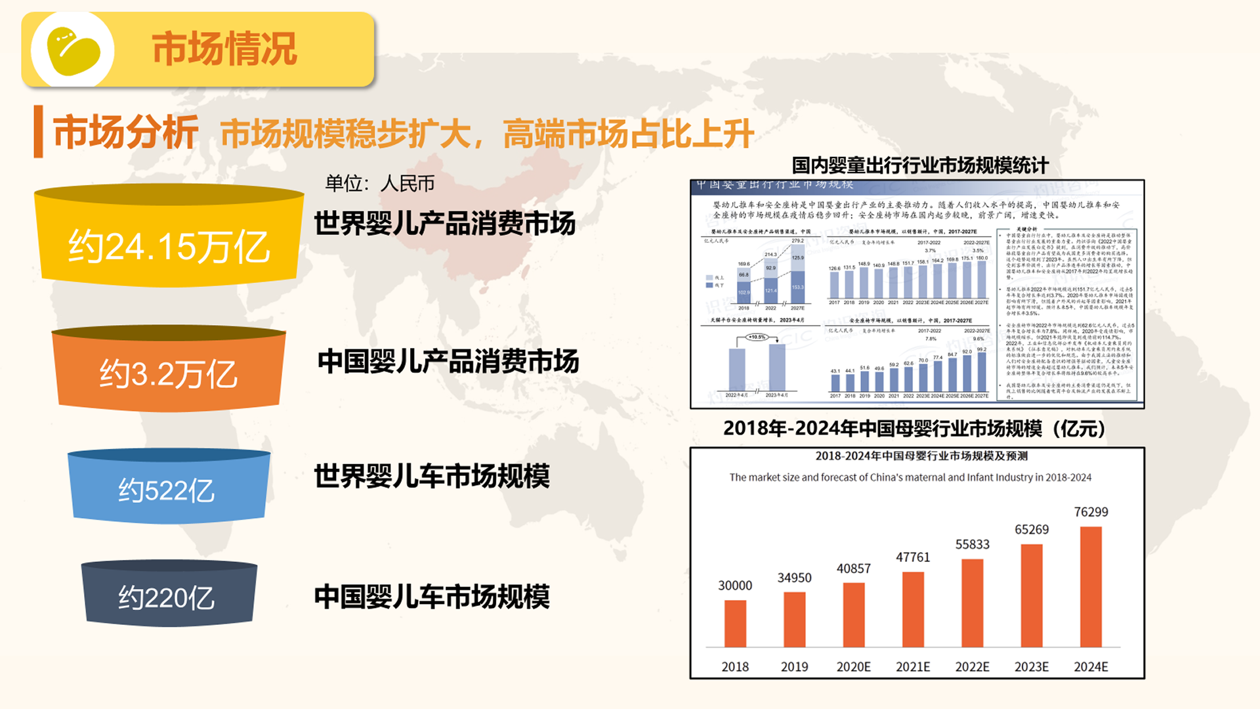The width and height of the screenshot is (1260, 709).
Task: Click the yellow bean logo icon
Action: pos(73,51)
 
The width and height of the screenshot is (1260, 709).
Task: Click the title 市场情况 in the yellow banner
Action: pos(224,49)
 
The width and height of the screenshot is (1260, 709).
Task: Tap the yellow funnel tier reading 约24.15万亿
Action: pos(169,246)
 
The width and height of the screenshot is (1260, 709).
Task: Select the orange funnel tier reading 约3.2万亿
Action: pos(169,374)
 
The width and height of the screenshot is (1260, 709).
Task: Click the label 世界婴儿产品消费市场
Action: pos(444,223)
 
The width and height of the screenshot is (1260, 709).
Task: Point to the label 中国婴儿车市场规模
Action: pos(432,597)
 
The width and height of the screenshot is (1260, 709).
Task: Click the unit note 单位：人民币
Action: pos(380,183)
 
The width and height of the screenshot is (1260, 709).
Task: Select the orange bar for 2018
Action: pos(735,623)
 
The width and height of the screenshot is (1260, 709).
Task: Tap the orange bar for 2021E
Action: pos(913,609)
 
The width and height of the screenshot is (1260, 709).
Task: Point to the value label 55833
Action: pos(972,544)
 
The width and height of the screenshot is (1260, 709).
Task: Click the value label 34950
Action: pos(794,578)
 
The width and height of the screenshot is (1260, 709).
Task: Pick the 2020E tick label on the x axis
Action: pos(853,667)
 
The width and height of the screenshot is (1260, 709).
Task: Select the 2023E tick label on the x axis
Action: pos(1031,667)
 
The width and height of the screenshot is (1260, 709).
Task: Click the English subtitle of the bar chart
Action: pos(910,477)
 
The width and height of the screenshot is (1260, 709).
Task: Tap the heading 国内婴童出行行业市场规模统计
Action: pos(920,165)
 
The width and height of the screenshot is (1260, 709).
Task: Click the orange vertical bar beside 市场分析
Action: pos(39,131)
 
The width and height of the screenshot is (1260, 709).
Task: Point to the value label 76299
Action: pos(1091,512)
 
